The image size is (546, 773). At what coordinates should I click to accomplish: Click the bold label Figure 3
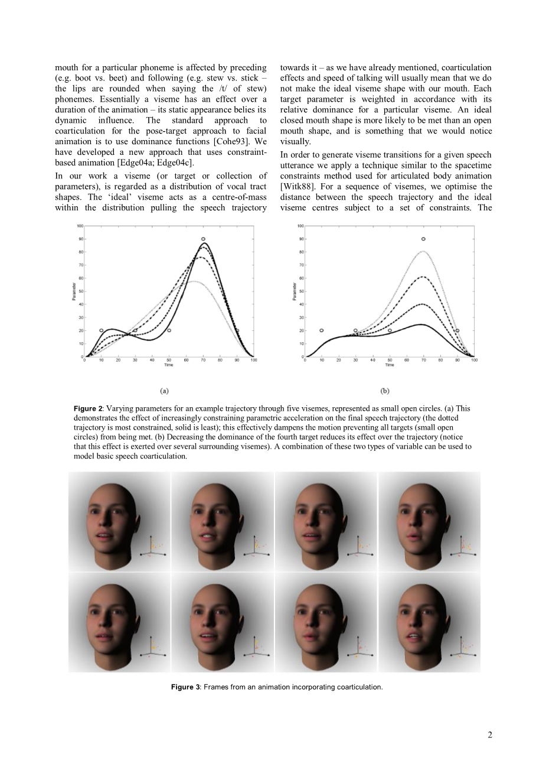click(185, 687)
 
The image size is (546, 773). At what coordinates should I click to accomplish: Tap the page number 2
click(489, 735)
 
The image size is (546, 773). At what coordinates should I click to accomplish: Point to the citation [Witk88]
click(296, 187)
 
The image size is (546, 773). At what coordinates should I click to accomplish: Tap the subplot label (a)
click(165, 391)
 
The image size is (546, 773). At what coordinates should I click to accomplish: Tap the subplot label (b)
click(385, 391)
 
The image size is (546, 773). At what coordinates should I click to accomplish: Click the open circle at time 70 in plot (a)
click(203, 239)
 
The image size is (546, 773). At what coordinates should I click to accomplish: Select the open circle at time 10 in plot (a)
click(102, 330)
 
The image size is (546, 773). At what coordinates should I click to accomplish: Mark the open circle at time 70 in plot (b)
click(423, 239)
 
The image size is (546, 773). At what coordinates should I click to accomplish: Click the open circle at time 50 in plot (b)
click(390, 330)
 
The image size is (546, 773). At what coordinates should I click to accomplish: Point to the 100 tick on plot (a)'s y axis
click(79, 226)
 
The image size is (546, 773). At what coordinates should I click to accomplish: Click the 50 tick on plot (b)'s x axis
click(390, 360)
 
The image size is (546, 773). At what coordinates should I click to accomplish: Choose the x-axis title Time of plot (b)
click(390, 365)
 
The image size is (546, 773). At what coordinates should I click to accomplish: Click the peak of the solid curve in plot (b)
click(421, 324)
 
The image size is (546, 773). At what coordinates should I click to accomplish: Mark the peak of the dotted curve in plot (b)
click(423, 251)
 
